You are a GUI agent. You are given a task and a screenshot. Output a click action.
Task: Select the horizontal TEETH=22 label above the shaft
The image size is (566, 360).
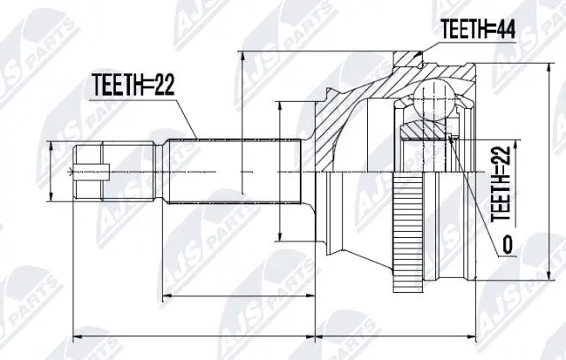(133, 86)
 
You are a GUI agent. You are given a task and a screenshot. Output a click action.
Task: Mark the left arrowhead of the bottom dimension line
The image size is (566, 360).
(75, 336)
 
